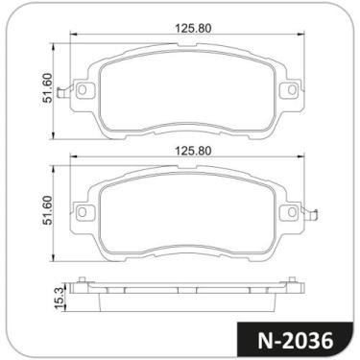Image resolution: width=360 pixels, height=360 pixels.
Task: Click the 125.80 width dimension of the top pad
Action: pyautogui.click(x=193, y=29)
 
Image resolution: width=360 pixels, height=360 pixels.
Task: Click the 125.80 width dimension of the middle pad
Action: pyautogui.click(x=193, y=151)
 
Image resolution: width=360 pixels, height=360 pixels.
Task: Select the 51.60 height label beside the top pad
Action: pyautogui.click(x=48, y=87)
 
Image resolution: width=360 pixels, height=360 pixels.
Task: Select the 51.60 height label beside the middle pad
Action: pyautogui.click(x=48, y=210)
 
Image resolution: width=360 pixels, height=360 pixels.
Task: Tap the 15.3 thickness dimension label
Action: pyautogui.click(x=60, y=298)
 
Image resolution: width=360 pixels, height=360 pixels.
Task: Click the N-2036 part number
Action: pyautogui.click(x=295, y=341)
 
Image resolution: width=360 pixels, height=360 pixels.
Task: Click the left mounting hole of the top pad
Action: pyautogui.click(x=83, y=90)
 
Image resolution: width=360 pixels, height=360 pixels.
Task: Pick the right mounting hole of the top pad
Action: pyautogui.click(x=292, y=90)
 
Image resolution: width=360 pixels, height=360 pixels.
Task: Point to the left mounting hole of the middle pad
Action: pyautogui.click(x=83, y=212)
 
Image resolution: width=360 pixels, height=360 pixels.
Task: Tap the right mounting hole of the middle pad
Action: pyautogui.click(x=292, y=212)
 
